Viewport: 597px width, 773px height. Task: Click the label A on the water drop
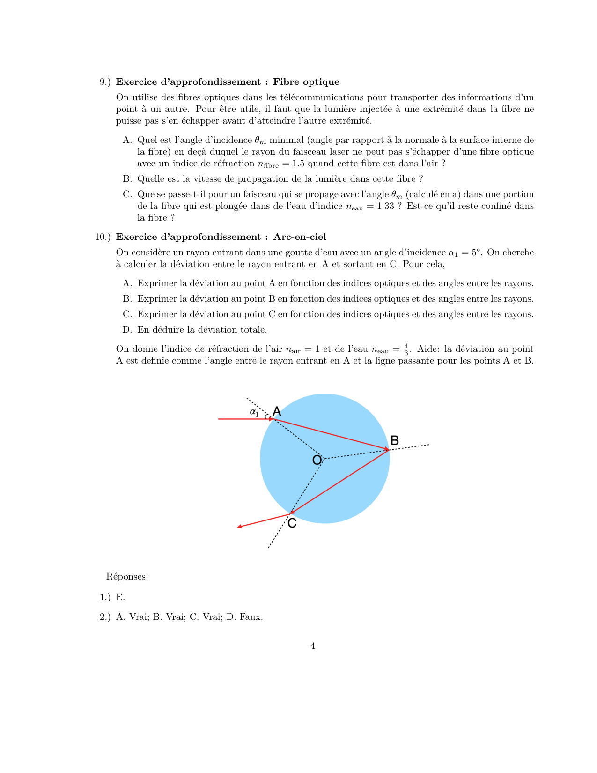(x=277, y=411)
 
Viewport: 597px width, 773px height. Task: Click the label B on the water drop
(x=394, y=440)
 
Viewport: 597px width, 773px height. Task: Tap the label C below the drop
(x=292, y=523)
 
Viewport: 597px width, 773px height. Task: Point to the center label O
(x=317, y=460)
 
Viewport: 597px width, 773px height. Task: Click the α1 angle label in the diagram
(x=254, y=412)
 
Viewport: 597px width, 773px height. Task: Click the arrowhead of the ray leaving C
(x=239, y=527)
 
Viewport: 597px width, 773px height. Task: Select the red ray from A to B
(x=330, y=434)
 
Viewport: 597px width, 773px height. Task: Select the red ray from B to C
(x=339, y=482)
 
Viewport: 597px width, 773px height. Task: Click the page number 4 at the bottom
(x=312, y=646)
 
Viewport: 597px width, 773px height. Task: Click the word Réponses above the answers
(x=127, y=577)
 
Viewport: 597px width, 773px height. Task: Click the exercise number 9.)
(x=105, y=82)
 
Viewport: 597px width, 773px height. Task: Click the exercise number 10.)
(x=103, y=237)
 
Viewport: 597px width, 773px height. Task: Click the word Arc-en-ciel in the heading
(x=300, y=237)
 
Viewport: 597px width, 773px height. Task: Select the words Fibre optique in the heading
(x=306, y=82)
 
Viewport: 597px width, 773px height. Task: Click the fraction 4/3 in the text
(x=406, y=349)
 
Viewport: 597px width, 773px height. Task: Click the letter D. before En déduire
(x=127, y=330)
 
